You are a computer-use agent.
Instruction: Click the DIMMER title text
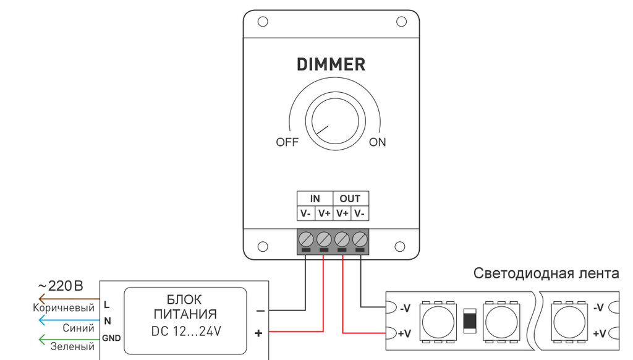point(331,65)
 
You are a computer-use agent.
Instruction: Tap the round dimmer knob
point(335,121)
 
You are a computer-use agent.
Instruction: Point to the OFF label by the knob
point(287,142)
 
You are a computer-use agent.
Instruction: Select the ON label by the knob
point(378,142)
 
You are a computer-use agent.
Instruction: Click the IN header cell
point(315,199)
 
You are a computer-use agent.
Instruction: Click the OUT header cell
point(350,199)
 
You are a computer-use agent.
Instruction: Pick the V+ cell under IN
point(324,213)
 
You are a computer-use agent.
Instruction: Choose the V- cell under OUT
point(359,213)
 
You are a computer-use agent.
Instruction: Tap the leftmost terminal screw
point(306,239)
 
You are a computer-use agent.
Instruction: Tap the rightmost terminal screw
point(360,239)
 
